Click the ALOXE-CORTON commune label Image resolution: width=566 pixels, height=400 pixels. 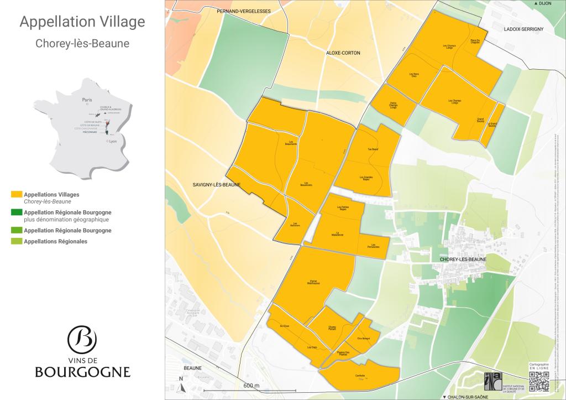coord(343,53)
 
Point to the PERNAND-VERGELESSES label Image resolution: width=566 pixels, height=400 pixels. coord(244,11)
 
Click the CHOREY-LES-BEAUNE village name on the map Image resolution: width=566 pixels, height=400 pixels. coord(463,259)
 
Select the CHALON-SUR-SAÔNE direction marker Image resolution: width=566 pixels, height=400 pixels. coord(467,396)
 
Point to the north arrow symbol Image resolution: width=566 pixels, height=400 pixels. coord(181,385)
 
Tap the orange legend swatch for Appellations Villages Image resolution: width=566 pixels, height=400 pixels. coord(17,195)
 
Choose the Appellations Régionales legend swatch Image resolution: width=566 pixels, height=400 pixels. coord(17,241)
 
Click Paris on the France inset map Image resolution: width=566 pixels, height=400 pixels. coord(86,100)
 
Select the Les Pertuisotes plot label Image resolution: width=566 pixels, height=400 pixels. coord(373,246)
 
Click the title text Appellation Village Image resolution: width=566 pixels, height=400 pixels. coord(82,22)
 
